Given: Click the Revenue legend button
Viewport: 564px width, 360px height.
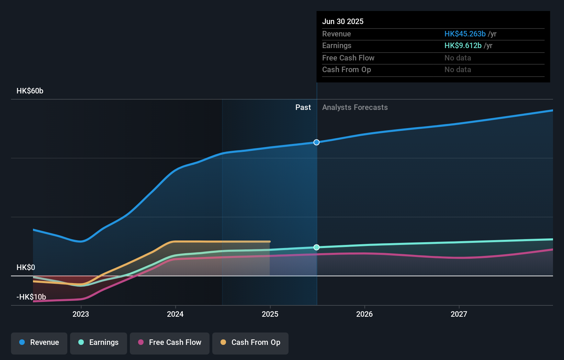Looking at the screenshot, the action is tap(39, 344).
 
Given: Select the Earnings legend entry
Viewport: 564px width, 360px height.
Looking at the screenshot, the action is tap(99, 344).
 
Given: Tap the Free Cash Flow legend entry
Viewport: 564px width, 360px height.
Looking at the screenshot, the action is tap(169, 344).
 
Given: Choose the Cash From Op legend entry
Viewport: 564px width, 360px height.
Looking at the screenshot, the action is tap(250, 344).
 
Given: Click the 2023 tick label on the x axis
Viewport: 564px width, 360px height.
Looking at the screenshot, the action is tap(81, 314).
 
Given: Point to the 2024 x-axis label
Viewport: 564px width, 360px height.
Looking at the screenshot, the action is tap(175, 314).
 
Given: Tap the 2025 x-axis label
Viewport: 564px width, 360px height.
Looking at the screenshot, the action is tap(270, 314).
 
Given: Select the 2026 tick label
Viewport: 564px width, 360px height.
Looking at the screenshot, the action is tap(364, 314).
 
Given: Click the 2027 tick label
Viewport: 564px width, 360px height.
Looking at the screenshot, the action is tap(459, 314).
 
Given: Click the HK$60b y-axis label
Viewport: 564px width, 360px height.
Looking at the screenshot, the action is tap(30, 91).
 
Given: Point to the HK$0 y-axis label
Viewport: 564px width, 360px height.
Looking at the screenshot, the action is tap(26, 267).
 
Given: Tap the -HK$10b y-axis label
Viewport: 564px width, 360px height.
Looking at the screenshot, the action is tap(31, 297).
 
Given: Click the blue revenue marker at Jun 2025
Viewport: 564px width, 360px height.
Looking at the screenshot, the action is tap(316, 143).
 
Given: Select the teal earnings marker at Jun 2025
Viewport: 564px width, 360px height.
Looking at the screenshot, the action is tap(316, 247).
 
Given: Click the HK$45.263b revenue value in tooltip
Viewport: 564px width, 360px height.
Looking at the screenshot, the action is tap(465, 34).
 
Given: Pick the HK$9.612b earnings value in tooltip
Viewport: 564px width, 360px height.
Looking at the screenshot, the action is tap(463, 46).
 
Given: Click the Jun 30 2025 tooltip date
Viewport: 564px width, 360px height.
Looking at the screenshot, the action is tap(343, 21).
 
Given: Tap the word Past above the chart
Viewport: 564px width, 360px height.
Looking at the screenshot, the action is tap(303, 108).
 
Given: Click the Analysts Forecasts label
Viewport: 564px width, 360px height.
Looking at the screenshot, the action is tap(355, 108).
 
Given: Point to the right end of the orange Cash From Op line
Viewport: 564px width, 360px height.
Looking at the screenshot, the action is tap(270, 242).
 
